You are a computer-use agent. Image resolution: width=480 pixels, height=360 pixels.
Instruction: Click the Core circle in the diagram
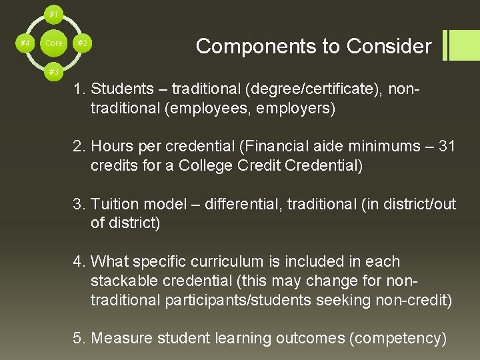[x=53, y=43]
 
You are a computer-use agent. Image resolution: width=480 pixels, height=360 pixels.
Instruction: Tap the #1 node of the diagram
[x=53, y=13]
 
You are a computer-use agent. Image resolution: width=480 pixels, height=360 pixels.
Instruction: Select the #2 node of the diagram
[x=83, y=43]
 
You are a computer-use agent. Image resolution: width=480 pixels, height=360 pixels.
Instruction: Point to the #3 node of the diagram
[x=53, y=71]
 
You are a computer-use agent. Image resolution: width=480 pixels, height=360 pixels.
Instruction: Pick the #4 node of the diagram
[x=25, y=43]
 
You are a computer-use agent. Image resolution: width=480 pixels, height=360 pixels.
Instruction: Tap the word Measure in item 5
[x=123, y=339]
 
